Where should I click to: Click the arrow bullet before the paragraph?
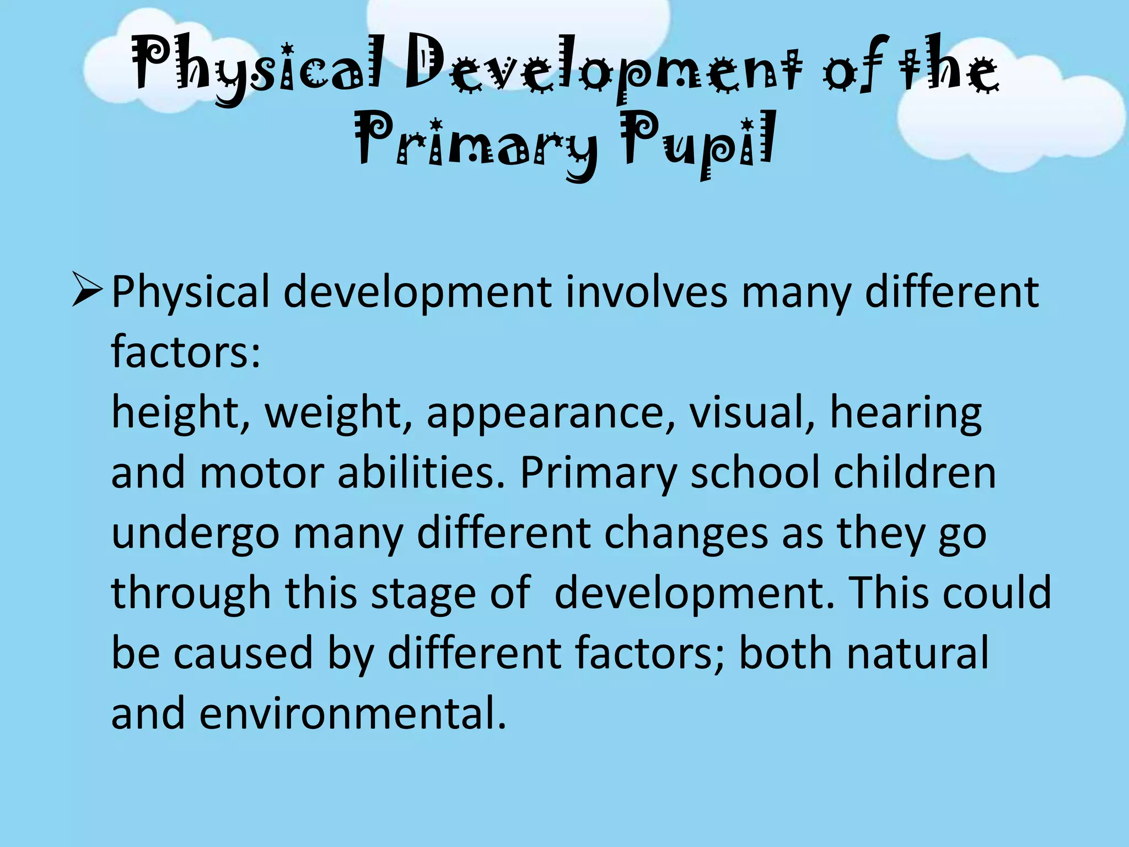[87, 292]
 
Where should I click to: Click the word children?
[915, 473]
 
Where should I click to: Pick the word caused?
[243, 654]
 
